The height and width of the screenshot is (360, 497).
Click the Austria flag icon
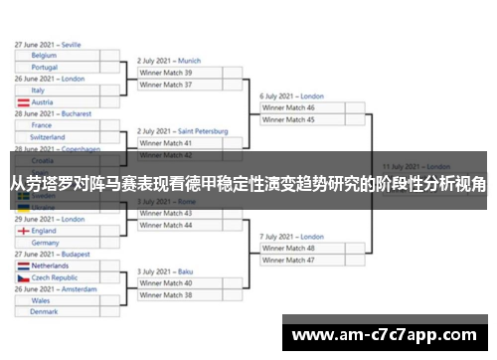[23, 102]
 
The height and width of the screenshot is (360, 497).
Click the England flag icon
[23, 231]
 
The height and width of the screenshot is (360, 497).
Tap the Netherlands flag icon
[23, 267]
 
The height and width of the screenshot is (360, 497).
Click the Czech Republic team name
[56, 277]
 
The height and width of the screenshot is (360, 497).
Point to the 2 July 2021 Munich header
[169, 61]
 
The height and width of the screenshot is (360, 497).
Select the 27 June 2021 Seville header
[48, 45]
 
